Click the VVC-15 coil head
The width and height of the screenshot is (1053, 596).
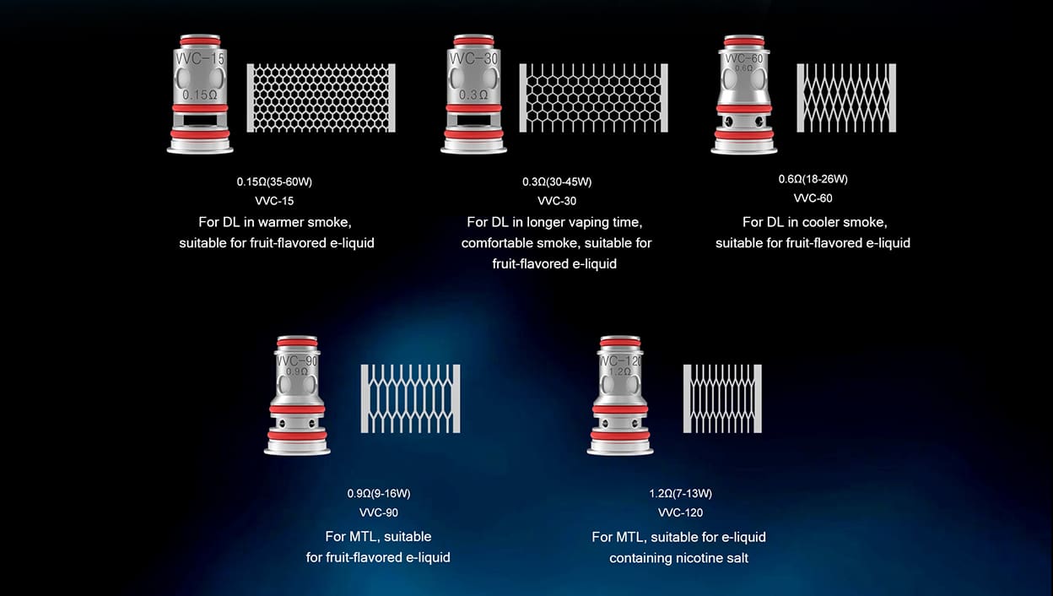click(200, 94)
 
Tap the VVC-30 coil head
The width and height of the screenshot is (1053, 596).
click(473, 94)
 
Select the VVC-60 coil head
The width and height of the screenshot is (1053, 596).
click(743, 95)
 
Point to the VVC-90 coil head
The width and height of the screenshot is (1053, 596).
click(297, 395)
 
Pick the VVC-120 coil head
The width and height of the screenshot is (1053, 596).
click(620, 395)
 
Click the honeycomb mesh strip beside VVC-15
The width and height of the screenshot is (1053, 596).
click(321, 98)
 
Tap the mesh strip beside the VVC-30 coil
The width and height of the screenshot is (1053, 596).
click(594, 98)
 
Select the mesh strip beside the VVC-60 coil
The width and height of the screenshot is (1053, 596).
click(846, 98)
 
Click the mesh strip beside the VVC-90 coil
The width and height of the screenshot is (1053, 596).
click(410, 398)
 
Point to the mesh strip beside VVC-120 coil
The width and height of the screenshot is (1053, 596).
click(722, 398)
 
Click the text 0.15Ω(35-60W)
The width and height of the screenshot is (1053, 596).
click(274, 182)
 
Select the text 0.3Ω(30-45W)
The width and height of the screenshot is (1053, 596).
click(557, 182)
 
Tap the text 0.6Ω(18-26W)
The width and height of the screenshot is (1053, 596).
click(813, 179)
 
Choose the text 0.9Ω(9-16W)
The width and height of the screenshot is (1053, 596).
click(379, 494)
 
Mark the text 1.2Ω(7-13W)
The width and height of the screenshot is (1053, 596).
click(681, 494)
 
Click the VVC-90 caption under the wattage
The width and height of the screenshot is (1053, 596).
click(379, 512)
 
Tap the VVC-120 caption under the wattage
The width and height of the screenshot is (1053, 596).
click(681, 512)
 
